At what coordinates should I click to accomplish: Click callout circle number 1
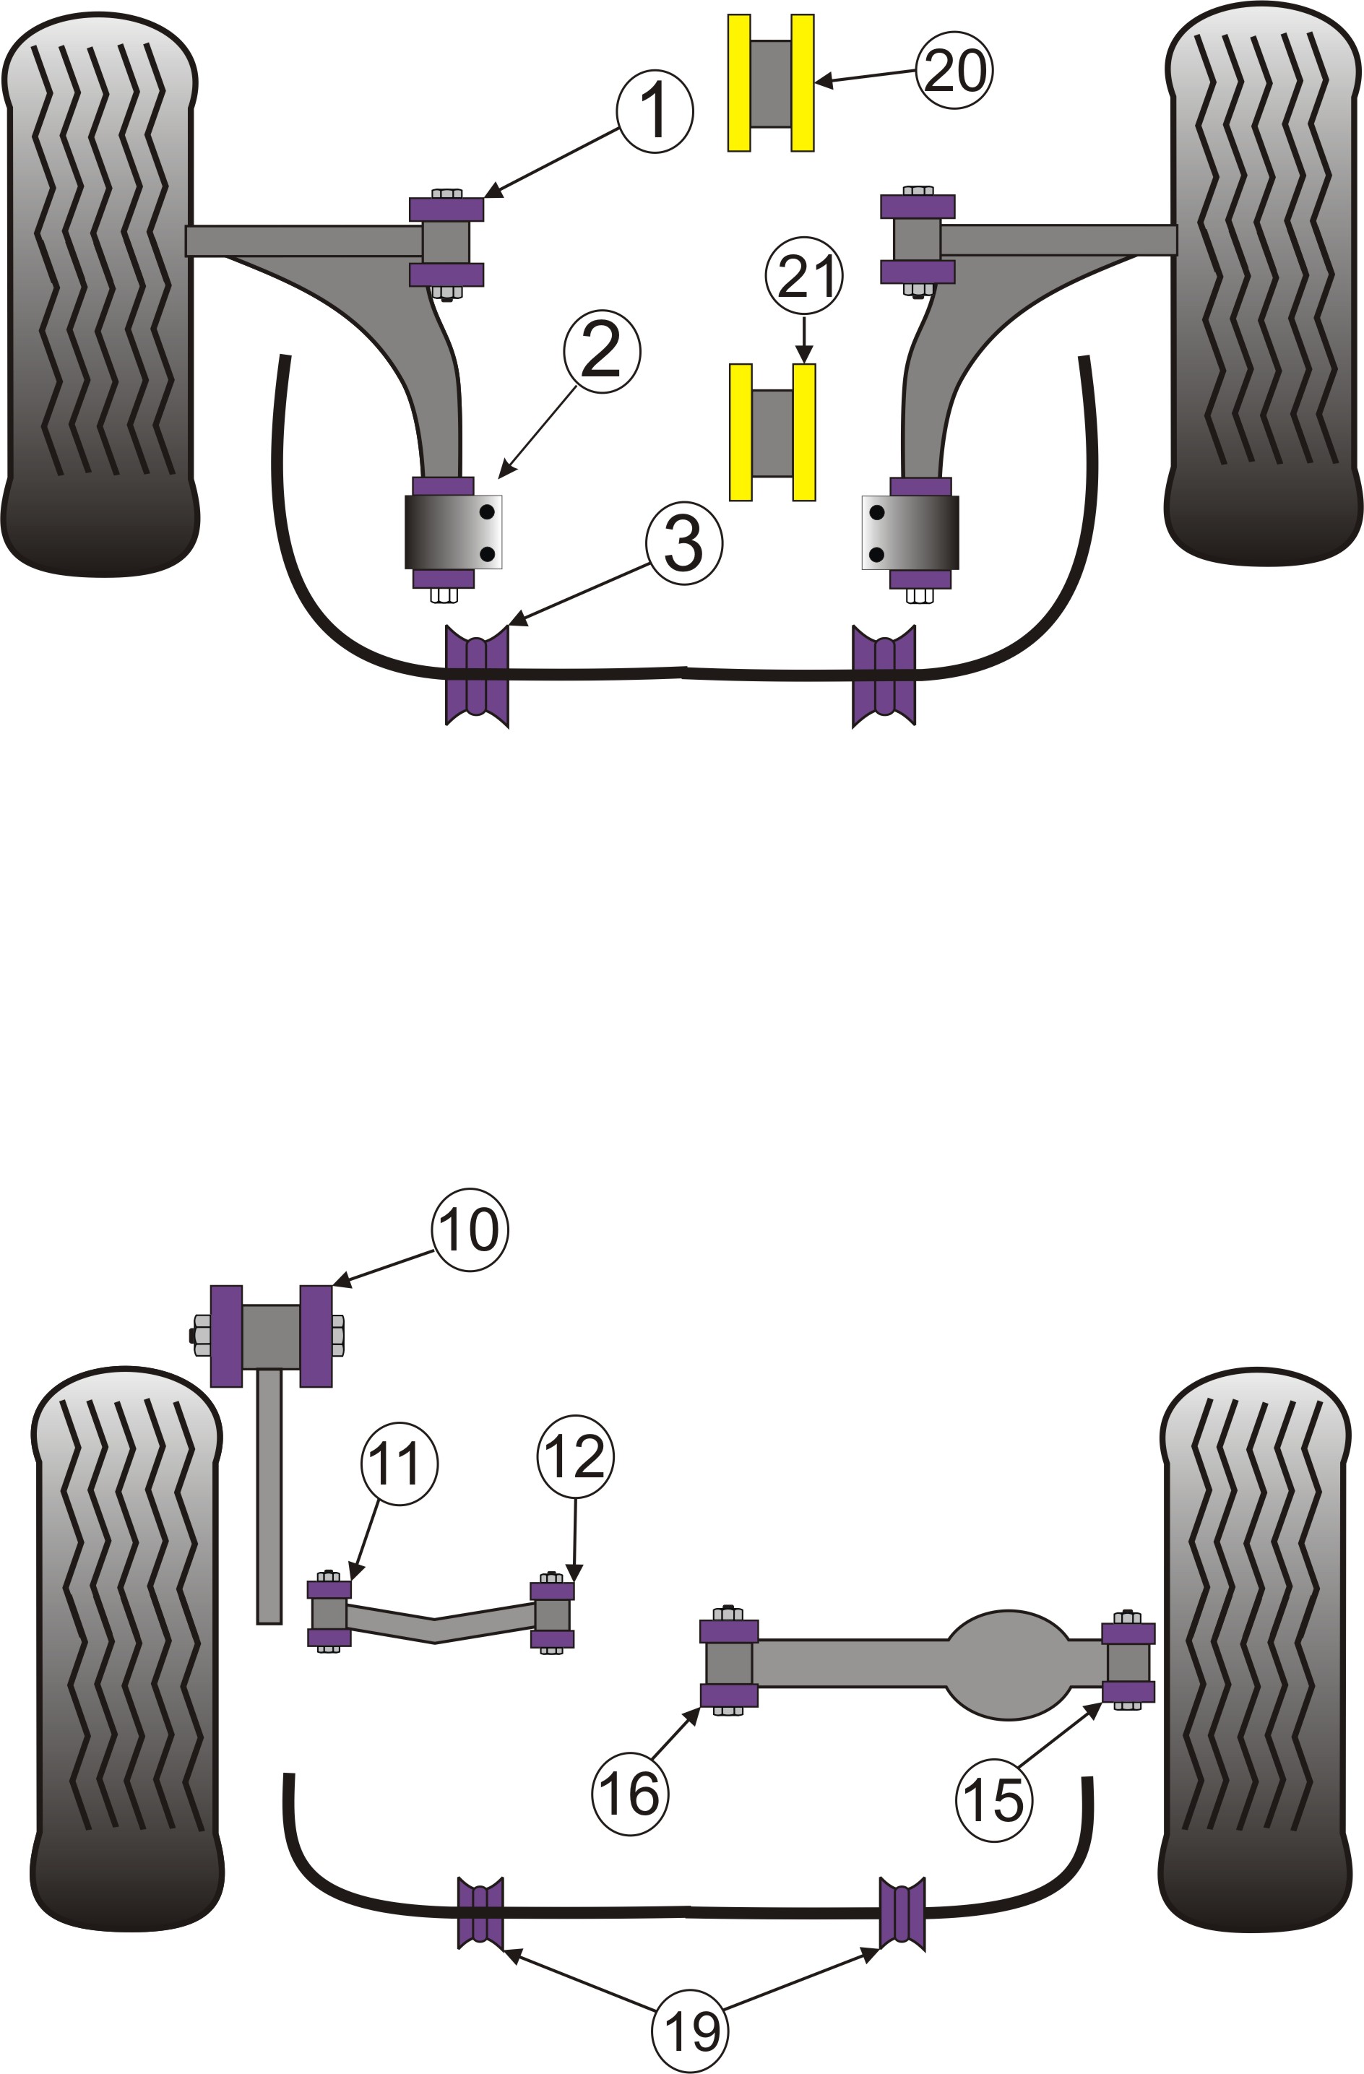click(x=655, y=111)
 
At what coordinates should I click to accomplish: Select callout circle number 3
click(x=684, y=543)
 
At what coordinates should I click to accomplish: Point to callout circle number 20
click(x=954, y=71)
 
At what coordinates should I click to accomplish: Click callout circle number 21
click(x=803, y=276)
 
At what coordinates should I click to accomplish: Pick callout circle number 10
click(x=470, y=1230)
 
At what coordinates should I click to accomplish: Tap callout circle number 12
click(x=575, y=1456)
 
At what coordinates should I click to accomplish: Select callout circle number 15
click(x=993, y=1799)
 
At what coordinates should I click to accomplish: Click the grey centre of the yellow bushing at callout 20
click(x=770, y=84)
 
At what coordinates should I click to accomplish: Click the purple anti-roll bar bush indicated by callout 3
click(x=477, y=676)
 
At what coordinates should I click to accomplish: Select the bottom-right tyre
click(x=1255, y=1656)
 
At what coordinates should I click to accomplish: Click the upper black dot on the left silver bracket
click(x=487, y=511)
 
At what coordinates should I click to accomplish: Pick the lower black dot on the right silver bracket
click(x=877, y=554)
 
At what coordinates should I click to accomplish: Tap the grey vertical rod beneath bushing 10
click(x=269, y=1495)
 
